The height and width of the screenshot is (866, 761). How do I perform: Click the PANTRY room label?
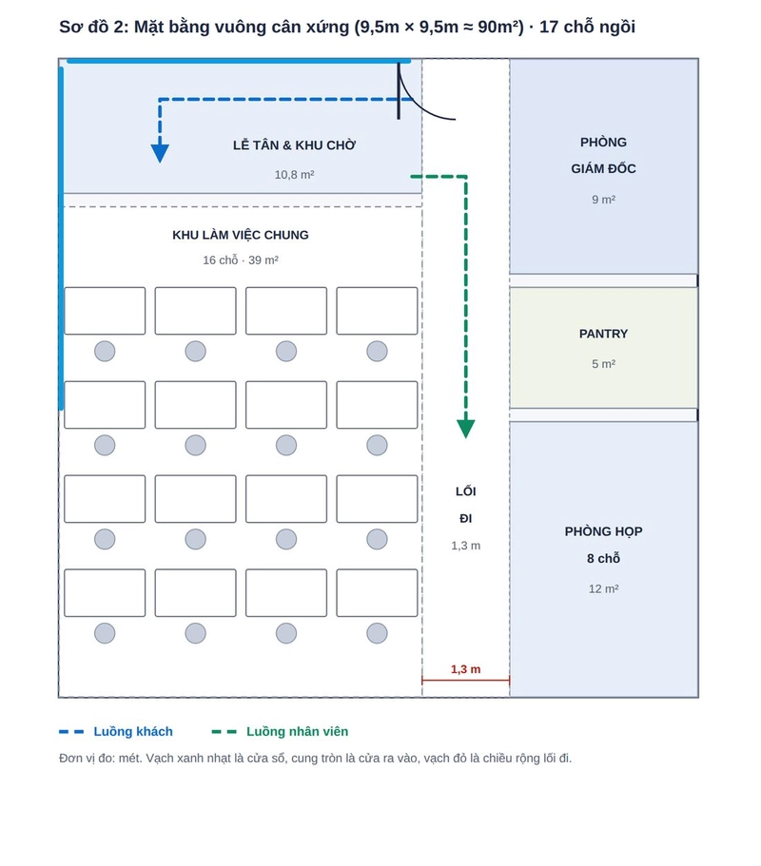(603, 334)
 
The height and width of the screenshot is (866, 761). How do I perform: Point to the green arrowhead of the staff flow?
(466, 429)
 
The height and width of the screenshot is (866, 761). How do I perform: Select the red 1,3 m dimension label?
(465, 669)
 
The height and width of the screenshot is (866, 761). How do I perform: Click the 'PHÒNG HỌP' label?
(603, 531)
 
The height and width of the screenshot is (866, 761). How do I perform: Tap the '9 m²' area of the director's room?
(603, 200)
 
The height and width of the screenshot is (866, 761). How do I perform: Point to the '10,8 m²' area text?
(294, 175)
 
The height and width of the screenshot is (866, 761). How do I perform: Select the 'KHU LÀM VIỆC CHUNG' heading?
(241, 235)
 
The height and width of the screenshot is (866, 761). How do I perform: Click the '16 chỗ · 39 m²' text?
(241, 260)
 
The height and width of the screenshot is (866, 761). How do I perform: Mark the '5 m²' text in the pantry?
(603, 364)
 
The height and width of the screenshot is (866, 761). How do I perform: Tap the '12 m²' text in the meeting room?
(603, 588)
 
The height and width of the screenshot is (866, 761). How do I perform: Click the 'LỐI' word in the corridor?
(465, 491)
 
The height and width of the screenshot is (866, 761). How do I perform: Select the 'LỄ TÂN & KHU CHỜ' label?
(294, 145)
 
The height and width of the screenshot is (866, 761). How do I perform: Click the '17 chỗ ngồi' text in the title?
(587, 27)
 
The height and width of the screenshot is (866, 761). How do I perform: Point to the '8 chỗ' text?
(603, 558)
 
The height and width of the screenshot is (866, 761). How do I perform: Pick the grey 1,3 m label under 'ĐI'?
(465, 546)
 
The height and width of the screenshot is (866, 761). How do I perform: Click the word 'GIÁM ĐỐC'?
(603, 168)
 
